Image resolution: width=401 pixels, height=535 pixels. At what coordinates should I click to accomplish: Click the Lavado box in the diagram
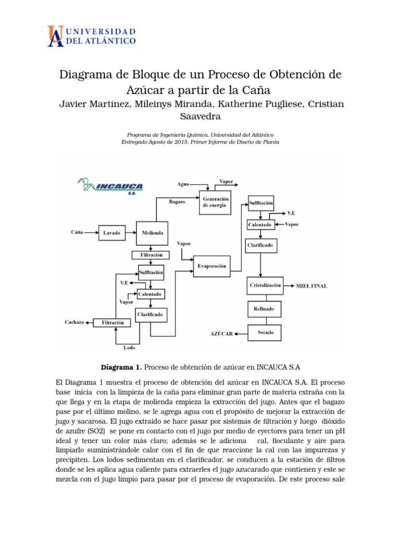point(112,232)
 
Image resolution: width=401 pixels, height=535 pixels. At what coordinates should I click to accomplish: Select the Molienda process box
point(152,232)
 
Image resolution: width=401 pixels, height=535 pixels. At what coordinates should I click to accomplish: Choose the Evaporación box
point(211,266)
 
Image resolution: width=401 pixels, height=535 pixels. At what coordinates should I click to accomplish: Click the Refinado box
point(264,309)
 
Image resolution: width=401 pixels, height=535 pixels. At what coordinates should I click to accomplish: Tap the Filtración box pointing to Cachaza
point(113,323)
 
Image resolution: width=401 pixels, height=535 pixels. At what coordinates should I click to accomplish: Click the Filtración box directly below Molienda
point(151,255)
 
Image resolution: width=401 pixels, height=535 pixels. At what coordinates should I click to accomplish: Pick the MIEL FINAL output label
point(312,286)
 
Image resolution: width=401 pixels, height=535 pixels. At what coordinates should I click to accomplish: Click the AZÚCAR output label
point(221,333)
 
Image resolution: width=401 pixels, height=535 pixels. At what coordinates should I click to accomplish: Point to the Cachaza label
point(74,322)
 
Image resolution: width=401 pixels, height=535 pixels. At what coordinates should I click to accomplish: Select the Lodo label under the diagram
point(129,347)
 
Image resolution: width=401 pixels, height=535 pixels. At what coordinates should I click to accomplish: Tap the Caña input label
point(77,231)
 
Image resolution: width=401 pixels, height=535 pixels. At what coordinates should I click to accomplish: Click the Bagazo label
point(177,202)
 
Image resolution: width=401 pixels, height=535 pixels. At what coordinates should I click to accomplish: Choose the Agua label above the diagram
point(183,184)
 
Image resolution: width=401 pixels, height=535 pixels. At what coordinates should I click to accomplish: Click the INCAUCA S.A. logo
point(110,185)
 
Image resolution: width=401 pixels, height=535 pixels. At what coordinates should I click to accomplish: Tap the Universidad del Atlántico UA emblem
point(56,36)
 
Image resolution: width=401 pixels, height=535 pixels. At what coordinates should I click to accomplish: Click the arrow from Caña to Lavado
point(91,232)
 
